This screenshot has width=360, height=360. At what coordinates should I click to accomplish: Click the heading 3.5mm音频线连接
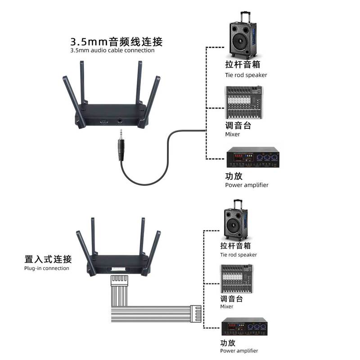(116, 42)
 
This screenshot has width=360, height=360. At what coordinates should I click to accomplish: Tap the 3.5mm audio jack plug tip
(121, 134)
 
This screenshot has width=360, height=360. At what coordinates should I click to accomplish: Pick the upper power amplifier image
(252, 158)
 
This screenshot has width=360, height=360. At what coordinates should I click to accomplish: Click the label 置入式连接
(48, 260)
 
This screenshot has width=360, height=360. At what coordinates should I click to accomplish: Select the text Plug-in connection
(47, 268)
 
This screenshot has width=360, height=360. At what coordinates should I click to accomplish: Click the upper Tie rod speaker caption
(246, 75)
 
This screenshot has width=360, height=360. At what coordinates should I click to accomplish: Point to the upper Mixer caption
(233, 134)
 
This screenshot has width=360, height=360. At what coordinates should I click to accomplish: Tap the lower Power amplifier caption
(239, 351)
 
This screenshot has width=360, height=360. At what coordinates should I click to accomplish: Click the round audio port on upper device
(121, 121)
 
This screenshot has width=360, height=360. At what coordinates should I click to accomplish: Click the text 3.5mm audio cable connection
(112, 50)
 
